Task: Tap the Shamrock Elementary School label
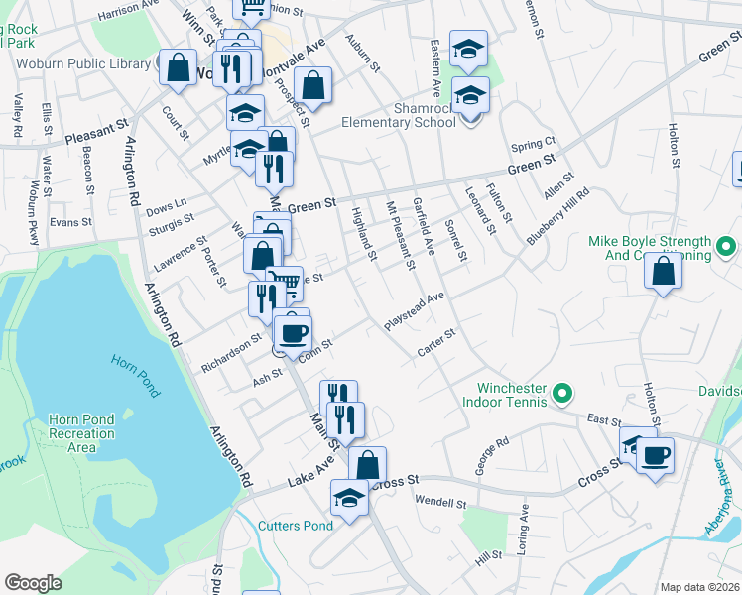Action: click(x=398, y=115)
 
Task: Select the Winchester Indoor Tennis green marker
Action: click(x=562, y=395)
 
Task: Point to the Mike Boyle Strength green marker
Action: click(x=726, y=243)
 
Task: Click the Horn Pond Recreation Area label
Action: click(x=81, y=433)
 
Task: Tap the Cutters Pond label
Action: click(x=295, y=526)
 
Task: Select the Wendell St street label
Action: click(x=440, y=503)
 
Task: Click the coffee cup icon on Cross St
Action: click(x=655, y=456)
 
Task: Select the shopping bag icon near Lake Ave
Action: click(x=366, y=464)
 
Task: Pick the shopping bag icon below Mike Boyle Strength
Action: click(x=663, y=269)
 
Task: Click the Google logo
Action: click(x=33, y=583)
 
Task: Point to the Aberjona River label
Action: click(x=723, y=502)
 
